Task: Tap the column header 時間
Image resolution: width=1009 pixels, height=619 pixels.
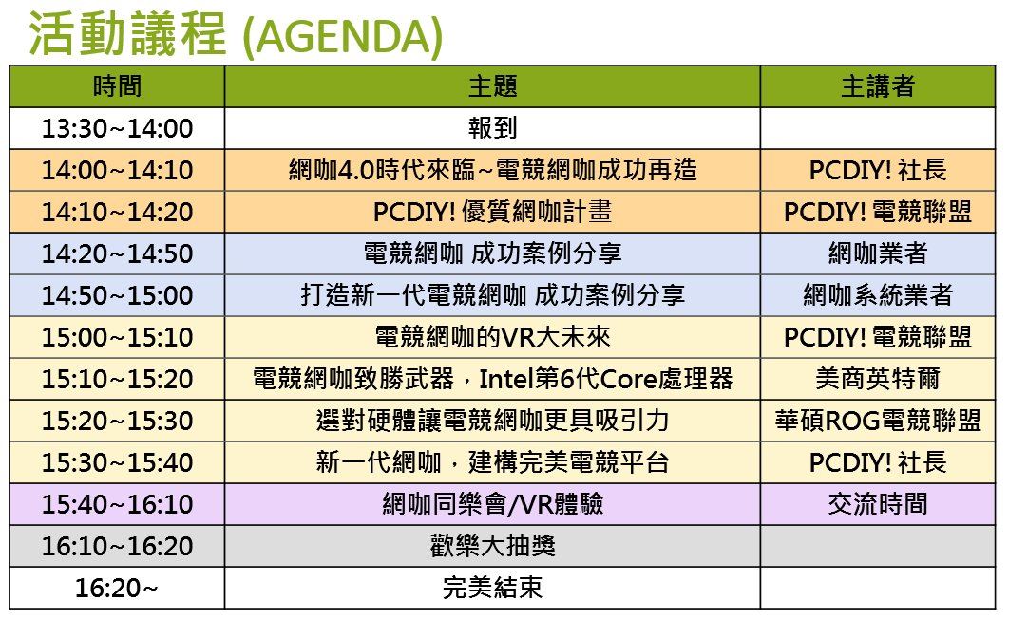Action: (117, 86)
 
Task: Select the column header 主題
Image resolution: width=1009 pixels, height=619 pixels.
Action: (492, 86)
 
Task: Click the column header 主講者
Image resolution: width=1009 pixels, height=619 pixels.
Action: (878, 86)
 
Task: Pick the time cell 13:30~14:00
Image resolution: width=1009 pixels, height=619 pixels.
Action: (117, 128)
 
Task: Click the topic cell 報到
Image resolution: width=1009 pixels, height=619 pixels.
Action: (492, 128)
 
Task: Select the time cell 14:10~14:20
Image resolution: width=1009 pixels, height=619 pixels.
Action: (117, 212)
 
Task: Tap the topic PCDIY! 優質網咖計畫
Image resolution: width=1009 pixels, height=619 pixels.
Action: (492, 212)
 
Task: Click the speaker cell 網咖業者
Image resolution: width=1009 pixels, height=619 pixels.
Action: (878, 253)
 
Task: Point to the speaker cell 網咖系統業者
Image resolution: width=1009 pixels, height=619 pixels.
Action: (878, 295)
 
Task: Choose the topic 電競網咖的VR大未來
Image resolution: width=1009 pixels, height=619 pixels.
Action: (492, 337)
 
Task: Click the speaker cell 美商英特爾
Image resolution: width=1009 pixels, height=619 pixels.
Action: (878, 379)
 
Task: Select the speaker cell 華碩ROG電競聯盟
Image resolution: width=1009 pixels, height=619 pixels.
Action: (878, 421)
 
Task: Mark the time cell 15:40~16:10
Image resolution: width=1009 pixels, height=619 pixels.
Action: (117, 504)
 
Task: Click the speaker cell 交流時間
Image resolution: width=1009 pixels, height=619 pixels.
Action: (878, 504)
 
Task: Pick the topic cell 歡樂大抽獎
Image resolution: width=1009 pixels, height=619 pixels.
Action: (492, 546)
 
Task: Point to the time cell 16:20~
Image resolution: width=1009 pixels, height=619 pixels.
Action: (117, 589)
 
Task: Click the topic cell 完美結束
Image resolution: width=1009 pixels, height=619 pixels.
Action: (492, 588)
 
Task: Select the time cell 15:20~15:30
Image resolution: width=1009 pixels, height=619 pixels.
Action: (117, 421)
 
